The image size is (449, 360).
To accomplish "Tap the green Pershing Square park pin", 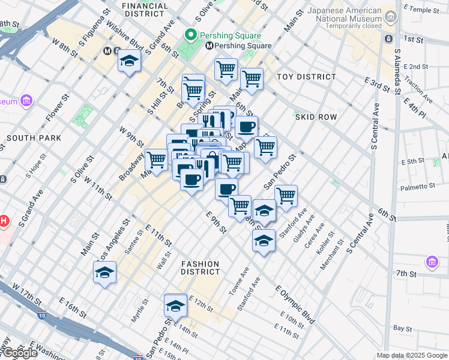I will (192, 34).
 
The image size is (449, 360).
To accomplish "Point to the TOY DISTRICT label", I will (306, 77).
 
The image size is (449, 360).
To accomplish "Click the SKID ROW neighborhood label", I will (316, 117).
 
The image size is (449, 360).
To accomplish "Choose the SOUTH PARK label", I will (34, 138).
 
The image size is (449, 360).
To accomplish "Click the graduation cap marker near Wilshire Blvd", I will (129, 61).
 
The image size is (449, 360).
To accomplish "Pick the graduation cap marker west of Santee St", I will (104, 272).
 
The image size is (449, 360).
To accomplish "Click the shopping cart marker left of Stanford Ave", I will (286, 195).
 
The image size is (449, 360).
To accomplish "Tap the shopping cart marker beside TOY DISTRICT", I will (252, 78).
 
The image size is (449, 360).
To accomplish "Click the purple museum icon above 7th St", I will (432, 262).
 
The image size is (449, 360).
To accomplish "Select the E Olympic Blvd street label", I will (295, 305).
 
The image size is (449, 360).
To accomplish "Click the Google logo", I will (19, 353).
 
